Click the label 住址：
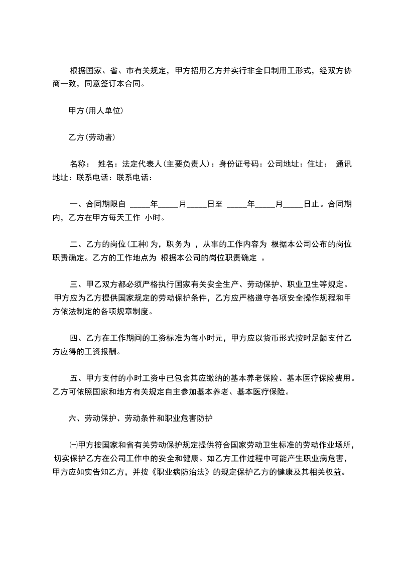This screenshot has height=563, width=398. point(318,164)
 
